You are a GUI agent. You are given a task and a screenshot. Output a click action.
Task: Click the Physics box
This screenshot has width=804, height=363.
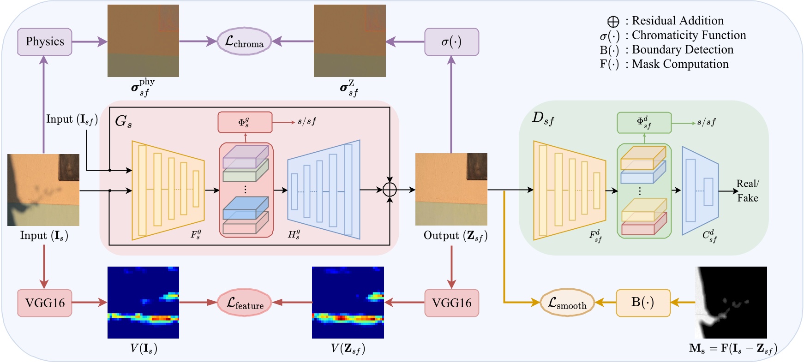[x=45, y=42]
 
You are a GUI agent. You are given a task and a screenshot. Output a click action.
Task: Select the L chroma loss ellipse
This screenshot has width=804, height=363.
[x=244, y=42]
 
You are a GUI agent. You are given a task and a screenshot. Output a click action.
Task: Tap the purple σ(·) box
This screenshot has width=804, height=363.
[x=451, y=42]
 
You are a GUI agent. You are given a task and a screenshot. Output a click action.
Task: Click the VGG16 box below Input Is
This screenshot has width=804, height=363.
[x=45, y=303]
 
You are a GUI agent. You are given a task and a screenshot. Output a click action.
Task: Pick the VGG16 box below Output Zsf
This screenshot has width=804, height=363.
[x=451, y=303]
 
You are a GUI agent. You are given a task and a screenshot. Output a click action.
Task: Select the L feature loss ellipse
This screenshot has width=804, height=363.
[x=244, y=303]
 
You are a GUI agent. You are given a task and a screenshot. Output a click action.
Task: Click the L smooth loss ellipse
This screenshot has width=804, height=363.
[x=567, y=303]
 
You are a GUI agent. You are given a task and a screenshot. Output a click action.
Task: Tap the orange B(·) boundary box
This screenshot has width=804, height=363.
[x=643, y=303]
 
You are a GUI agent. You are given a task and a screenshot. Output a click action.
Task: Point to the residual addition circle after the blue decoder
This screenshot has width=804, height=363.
[x=390, y=190]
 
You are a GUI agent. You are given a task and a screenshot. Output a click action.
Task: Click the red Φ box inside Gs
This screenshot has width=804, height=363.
[x=245, y=122]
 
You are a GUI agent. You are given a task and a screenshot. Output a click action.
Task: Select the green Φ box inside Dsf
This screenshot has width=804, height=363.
[x=644, y=123]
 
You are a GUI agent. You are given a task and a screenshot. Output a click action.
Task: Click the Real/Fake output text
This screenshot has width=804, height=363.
[x=747, y=190]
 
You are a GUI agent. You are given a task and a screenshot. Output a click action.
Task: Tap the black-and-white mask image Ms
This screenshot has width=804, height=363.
[x=731, y=303]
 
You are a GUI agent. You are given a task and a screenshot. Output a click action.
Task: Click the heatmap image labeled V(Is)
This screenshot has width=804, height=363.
[x=143, y=303]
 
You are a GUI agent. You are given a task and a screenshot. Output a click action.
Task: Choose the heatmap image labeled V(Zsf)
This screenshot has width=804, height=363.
[x=348, y=303]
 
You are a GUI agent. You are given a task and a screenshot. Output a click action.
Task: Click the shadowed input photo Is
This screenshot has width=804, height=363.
[x=43, y=190]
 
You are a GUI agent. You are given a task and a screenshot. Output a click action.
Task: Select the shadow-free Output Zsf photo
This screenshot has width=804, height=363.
[x=451, y=190]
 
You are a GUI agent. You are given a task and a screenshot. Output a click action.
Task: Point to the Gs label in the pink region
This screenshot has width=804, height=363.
[x=123, y=121]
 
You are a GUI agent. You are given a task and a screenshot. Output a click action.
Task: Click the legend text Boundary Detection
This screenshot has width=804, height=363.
[x=682, y=50]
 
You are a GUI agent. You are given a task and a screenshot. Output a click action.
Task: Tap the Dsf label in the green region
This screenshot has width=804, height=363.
[x=543, y=119]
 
